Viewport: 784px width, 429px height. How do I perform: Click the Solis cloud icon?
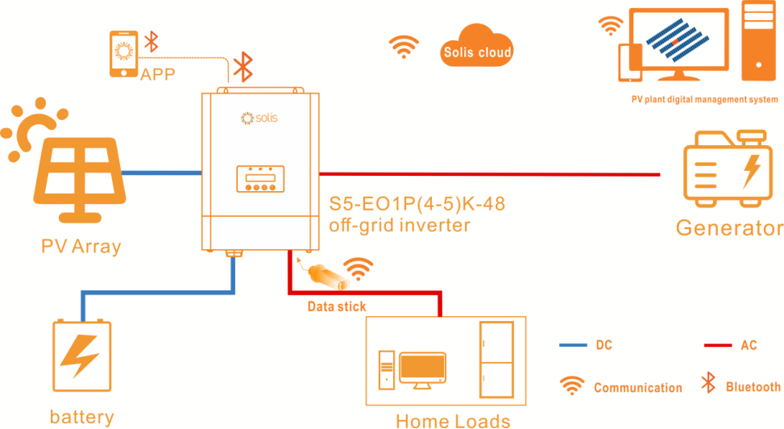[x=477, y=50]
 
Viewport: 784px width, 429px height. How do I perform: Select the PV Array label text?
[x=81, y=246]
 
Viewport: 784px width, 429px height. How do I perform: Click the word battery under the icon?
[x=81, y=417]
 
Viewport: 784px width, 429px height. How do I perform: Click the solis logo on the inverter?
[x=259, y=118]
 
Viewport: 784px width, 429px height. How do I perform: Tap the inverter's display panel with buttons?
[x=260, y=179]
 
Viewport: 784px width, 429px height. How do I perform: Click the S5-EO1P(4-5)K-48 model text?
[x=417, y=204]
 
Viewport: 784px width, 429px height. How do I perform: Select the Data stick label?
[x=337, y=306]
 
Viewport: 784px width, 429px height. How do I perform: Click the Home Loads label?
[x=453, y=419]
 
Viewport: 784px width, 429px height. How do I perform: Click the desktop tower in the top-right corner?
[x=758, y=44]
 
